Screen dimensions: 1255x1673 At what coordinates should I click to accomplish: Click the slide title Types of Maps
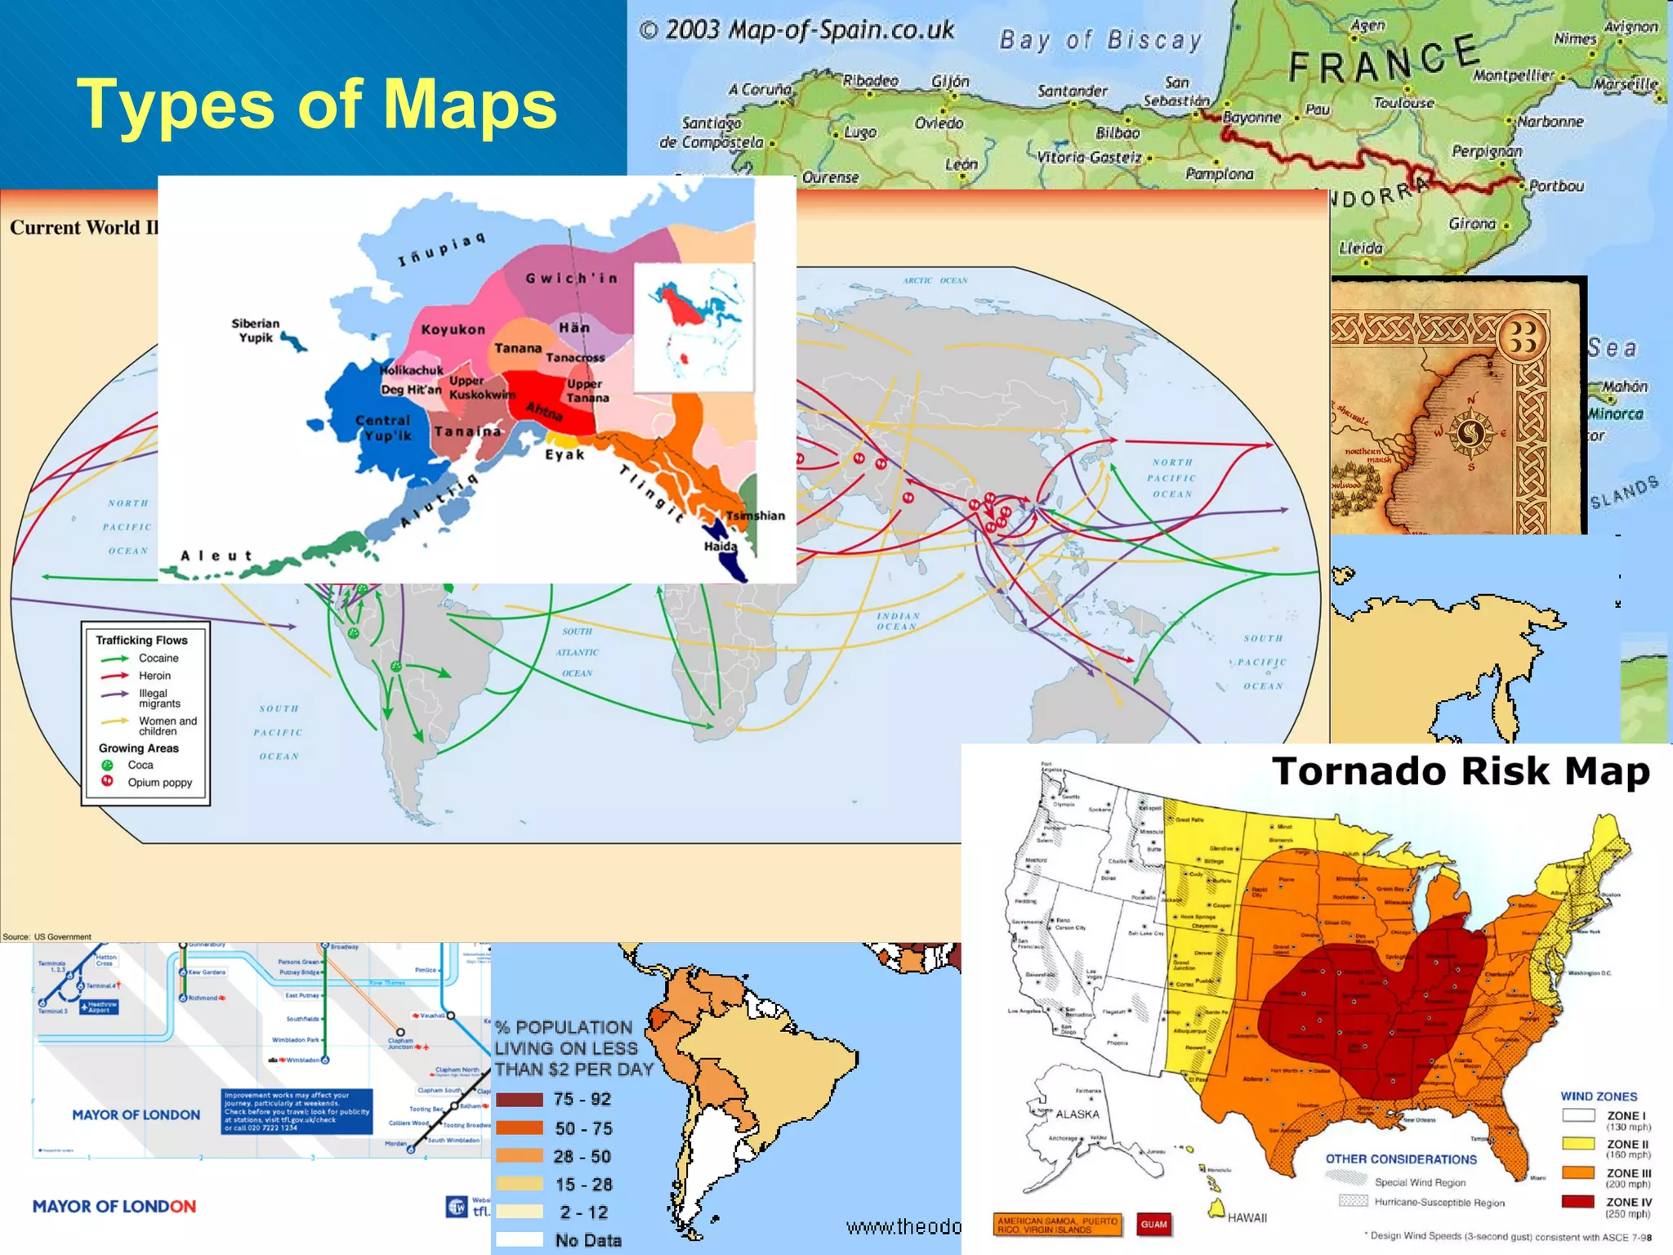click(x=317, y=104)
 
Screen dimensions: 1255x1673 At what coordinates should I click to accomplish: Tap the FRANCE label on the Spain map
click(x=1384, y=60)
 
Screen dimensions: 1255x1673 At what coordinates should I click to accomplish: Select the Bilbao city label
click(x=1117, y=132)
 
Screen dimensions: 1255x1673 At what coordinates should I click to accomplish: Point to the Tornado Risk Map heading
click(x=1461, y=771)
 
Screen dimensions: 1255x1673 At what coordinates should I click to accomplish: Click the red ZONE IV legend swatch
click(x=1577, y=1201)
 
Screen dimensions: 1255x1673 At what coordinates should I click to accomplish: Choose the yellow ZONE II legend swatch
click(x=1577, y=1143)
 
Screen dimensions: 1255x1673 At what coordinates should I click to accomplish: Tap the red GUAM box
click(x=1153, y=1224)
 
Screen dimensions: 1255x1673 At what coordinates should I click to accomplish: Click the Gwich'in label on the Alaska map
click(x=571, y=279)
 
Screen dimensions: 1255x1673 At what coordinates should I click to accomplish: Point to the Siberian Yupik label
click(x=255, y=330)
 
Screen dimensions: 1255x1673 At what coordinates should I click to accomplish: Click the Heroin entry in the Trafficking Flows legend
click(x=154, y=676)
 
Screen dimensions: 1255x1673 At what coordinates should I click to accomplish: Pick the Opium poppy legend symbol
click(x=107, y=782)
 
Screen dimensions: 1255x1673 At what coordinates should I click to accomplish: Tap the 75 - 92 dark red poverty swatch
click(x=520, y=1100)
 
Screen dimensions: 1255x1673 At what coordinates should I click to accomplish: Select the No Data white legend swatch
click(x=520, y=1239)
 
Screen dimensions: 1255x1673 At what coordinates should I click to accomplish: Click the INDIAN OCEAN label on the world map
click(x=898, y=621)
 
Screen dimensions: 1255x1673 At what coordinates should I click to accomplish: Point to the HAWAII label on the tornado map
click(x=1247, y=1217)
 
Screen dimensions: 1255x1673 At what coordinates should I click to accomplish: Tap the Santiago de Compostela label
click(x=712, y=132)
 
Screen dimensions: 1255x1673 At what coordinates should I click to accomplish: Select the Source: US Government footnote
click(x=47, y=936)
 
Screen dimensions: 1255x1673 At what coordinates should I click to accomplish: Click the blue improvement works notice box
click(x=297, y=1111)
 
